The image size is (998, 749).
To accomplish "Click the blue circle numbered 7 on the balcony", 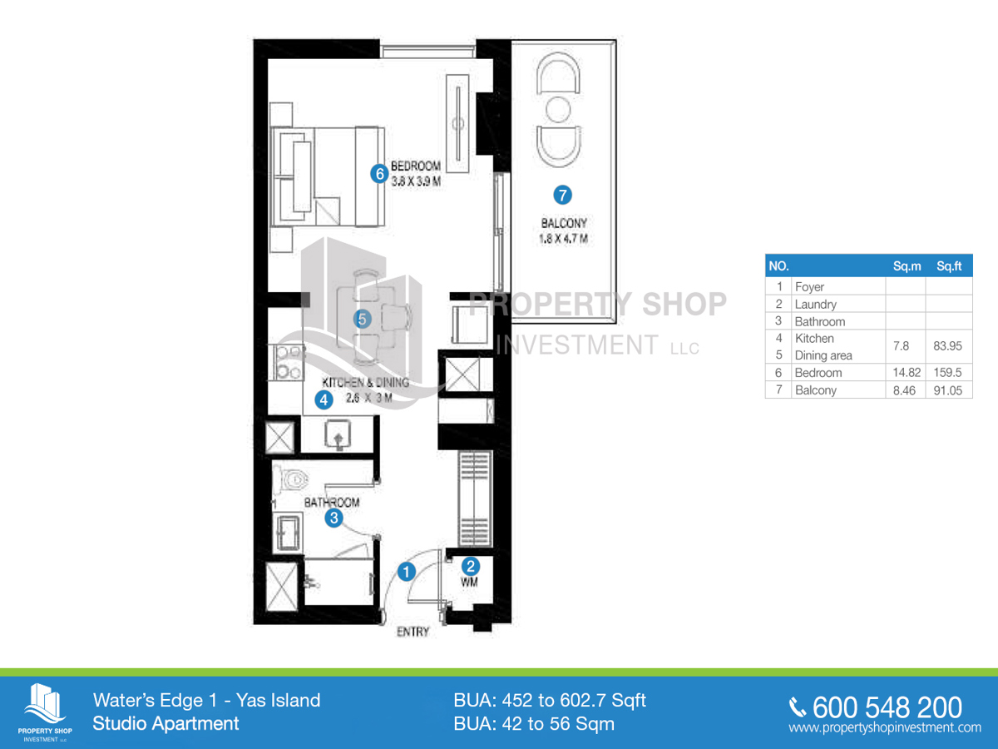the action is [x=562, y=195].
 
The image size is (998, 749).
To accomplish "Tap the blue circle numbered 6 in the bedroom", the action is [x=379, y=174].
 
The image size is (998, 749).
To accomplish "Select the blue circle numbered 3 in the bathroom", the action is [x=334, y=518].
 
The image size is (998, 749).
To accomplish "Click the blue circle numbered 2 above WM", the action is [x=471, y=566].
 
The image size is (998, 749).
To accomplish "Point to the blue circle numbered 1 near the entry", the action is [x=407, y=572].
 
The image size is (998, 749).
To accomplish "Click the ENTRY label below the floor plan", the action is [x=413, y=632].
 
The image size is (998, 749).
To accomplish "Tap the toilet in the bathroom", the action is [x=291, y=479].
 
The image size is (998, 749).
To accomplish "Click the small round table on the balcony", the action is [x=558, y=109].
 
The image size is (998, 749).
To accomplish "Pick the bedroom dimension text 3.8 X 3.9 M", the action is [x=416, y=181].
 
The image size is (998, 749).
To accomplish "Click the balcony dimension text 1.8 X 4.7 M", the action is [x=564, y=238].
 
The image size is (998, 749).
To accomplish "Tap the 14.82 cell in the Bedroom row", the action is [x=907, y=373].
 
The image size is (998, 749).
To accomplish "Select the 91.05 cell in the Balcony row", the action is [x=948, y=390].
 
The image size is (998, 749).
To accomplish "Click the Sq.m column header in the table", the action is [x=907, y=266].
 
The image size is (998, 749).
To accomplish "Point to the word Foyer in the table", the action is [x=809, y=287].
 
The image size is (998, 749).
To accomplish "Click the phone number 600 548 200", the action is [x=887, y=707].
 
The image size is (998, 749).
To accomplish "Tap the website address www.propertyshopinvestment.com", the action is [x=885, y=727].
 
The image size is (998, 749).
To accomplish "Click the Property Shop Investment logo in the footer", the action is [x=45, y=712].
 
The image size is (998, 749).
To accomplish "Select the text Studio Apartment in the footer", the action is [x=166, y=723].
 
